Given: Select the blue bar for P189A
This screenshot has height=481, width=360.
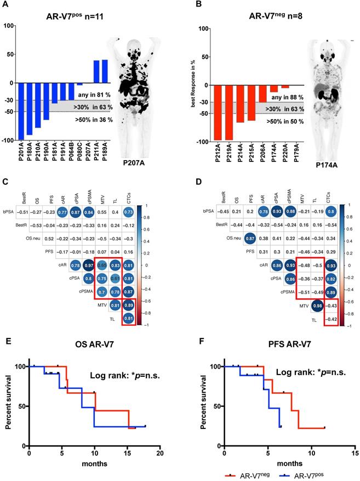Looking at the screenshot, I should tap(105, 71).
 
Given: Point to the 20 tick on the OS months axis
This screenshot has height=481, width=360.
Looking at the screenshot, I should tap(160, 455).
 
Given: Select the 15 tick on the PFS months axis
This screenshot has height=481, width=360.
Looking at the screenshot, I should tap(356, 455).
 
